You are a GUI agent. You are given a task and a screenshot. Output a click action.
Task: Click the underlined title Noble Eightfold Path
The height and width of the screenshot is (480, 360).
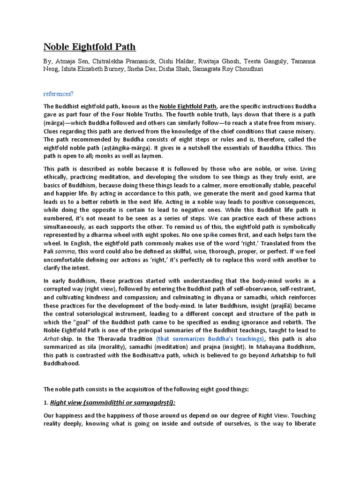(x=90, y=46)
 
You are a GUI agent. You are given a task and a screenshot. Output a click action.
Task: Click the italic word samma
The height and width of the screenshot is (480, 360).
(x=65, y=251)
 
